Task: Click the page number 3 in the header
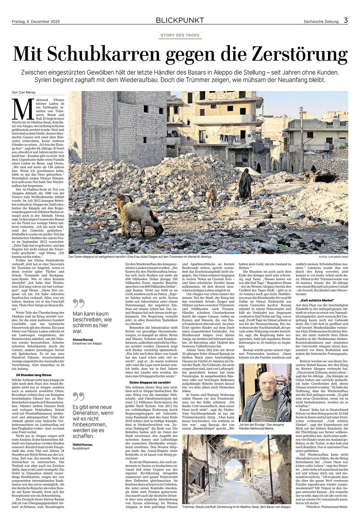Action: (x=346, y=20)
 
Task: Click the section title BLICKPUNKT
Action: (x=180, y=20)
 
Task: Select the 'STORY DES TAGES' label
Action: (x=180, y=35)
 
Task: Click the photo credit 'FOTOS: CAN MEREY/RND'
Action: (x=333, y=257)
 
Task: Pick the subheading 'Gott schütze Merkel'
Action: (x=312, y=300)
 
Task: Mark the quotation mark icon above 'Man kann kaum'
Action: (x=78, y=303)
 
